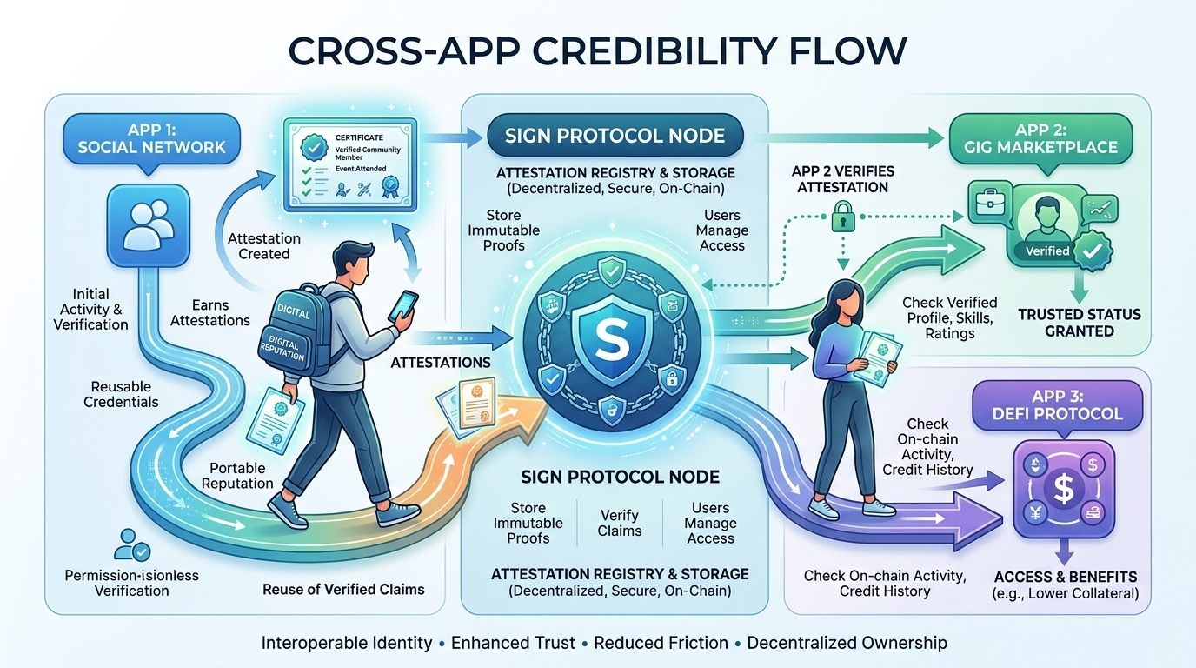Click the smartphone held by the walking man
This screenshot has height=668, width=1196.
pos(405,304)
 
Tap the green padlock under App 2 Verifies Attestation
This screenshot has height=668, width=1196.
pos(842,218)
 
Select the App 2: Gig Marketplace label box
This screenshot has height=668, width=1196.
pos(1053,137)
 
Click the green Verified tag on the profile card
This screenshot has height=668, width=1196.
pos(1047,250)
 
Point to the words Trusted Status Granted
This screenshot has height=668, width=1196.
pos(1079,322)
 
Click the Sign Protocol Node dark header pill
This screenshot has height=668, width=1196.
pos(615,136)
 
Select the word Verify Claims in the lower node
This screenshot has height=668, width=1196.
pos(620,523)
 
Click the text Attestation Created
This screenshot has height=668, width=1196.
pos(264,246)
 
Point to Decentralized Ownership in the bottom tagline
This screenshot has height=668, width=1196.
pos(847,643)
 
